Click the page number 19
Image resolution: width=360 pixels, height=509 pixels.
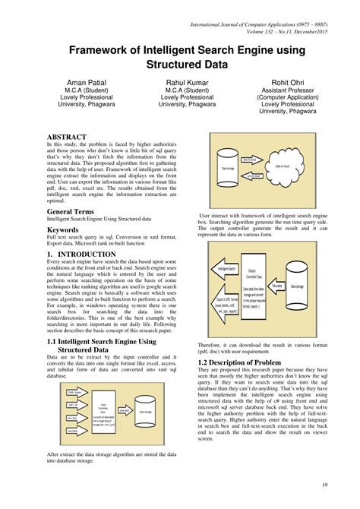pos(325,485)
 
